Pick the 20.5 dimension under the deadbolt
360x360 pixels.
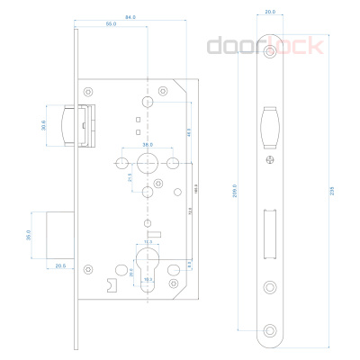coord(60,266)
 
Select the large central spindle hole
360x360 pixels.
coord(147,163)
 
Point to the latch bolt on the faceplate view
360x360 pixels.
coord(270,125)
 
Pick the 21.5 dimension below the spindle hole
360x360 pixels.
coord(131,177)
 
